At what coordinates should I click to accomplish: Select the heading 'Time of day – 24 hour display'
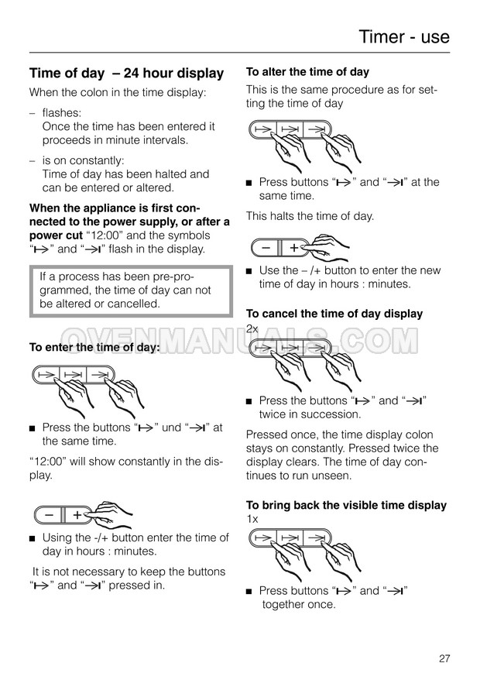click(126, 74)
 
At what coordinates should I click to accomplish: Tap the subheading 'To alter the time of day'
click(307, 72)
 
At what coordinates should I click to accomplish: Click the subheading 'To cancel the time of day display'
click(334, 314)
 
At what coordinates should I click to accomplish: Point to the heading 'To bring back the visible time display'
click(346, 505)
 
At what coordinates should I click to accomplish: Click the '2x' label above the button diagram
click(252, 328)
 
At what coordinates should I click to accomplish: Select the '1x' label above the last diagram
click(252, 519)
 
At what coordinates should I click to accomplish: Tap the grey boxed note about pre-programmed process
click(131, 290)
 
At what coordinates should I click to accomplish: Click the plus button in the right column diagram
click(293, 248)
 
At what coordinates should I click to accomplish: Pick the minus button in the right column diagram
click(266, 248)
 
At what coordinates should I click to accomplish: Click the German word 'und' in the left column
click(171, 428)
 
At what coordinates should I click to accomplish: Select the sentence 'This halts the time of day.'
click(310, 216)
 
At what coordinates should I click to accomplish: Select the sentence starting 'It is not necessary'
click(129, 579)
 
